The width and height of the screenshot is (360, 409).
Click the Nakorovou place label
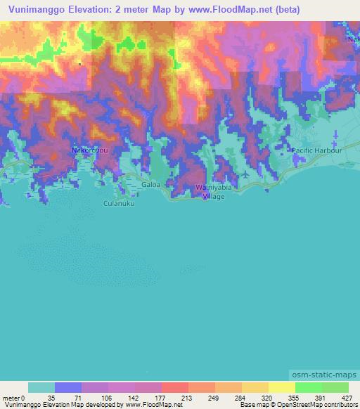(89, 150)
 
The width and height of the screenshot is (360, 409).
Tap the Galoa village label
(151, 185)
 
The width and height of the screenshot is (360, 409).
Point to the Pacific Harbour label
(317, 150)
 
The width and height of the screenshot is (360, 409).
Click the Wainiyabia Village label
(210, 192)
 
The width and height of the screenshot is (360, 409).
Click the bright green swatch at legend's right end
(335, 387)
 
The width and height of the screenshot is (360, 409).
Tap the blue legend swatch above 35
(68, 387)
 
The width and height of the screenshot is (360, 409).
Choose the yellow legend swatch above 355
(282, 387)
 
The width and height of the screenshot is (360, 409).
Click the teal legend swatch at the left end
(41, 387)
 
